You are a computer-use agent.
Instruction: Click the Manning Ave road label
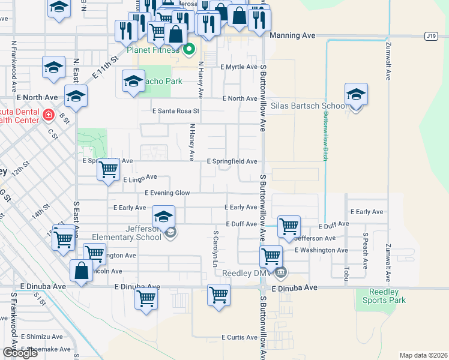click(x=292, y=35)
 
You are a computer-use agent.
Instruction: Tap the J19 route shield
click(x=430, y=36)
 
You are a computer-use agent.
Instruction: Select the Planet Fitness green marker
click(x=189, y=49)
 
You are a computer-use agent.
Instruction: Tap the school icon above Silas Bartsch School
click(x=356, y=95)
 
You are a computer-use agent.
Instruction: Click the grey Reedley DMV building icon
click(x=280, y=273)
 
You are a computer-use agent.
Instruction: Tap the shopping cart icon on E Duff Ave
click(x=289, y=226)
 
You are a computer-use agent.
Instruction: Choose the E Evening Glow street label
click(x=167, y=193)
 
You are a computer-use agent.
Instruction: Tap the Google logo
click(x=20, y=353)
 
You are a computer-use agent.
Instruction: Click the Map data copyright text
click(x=424, y=355)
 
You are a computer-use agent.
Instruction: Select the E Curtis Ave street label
click(x=240, y=338)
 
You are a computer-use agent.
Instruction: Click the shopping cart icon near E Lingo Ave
click(x=108, y=170)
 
